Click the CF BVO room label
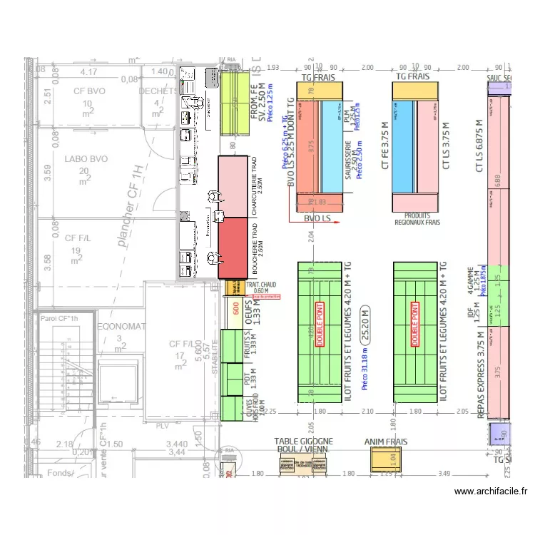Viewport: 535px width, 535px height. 89,91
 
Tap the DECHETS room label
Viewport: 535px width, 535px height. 158,91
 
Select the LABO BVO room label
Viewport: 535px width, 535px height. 85,160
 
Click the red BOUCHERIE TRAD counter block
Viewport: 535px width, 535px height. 231,248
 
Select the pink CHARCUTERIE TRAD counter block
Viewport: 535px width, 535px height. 231,185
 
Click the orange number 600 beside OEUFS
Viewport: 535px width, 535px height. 235,308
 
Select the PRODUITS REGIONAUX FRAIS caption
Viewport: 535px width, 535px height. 417,218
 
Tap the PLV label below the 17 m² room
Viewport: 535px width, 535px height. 163,426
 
